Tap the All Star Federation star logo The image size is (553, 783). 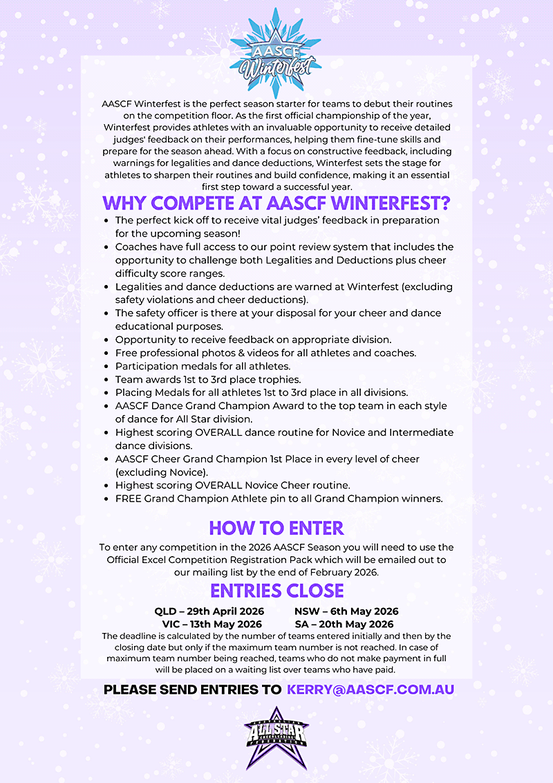pyautogui.click(x=276, y=737)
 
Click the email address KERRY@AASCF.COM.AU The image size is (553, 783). pyautogui.click(x=371, y=690)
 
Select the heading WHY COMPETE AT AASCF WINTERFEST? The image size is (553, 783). pyautogui.click(x=276, y=204)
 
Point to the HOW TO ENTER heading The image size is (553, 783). pyautogui.click(x=276, y=528)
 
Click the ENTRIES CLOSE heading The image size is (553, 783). pyautogui.click(x=276, y=591)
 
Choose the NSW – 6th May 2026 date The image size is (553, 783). pyautogui.click(x=346, y=611)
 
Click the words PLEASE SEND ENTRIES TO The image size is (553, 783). pyautogui.click(x=192, y=690)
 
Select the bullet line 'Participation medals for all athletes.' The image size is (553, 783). pyautogui.click(x=203, y=366)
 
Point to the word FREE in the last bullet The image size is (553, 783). pyautogui.click(x=129, y=498)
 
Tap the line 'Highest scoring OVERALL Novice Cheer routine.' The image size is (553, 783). pyautogui.click(x=232, y=485)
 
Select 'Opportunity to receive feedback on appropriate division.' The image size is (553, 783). pyautogui.click(x=253, y=340)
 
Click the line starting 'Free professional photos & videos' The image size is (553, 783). pyautogui.click(x=265, y=353)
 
